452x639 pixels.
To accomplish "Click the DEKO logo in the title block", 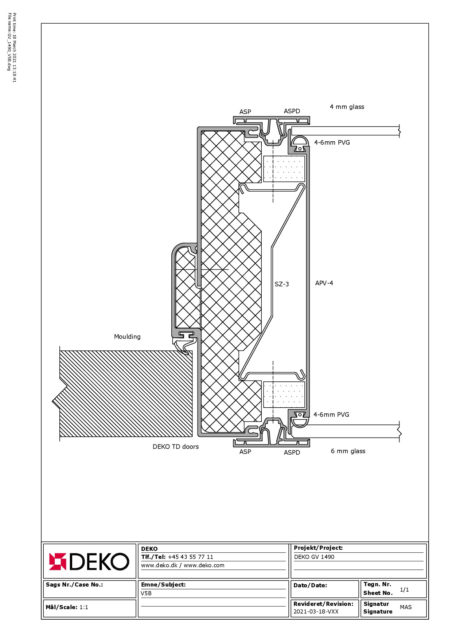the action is click(x=89, y=561).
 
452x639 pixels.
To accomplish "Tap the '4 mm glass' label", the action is click(x=347, y=107).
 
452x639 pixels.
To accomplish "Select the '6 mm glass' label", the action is click(x=348, y=451).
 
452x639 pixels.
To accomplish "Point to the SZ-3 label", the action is click(x=282, y=284).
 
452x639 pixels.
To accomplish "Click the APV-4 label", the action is click(x=324, y=283).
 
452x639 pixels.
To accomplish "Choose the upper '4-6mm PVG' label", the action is click(x=332, y=142).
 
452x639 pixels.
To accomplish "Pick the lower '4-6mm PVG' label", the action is click(x=331, y=415).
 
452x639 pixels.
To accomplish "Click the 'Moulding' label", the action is click(x=127, y=337).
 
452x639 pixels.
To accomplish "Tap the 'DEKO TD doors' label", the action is click(x=176, y=447).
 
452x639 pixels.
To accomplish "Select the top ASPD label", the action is click(x=292, y=111).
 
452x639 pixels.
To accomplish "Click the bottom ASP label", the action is click(x=245, y=452).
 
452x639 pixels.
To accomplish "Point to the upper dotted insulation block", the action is click(x=284, y=169).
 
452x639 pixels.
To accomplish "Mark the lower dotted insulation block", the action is click(x=284, y=395).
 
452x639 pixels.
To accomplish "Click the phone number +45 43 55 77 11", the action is click(x=190, y=557).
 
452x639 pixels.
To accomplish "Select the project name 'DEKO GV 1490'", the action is click(x=314, y=557).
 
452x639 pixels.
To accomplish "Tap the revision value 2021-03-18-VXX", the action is click(x=316, y=612).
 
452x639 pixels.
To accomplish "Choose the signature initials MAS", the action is click(x=406, y=607).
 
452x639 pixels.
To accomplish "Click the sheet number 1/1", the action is click(x=404, y=590).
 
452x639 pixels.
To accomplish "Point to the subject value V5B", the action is click(x=146, y=593).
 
